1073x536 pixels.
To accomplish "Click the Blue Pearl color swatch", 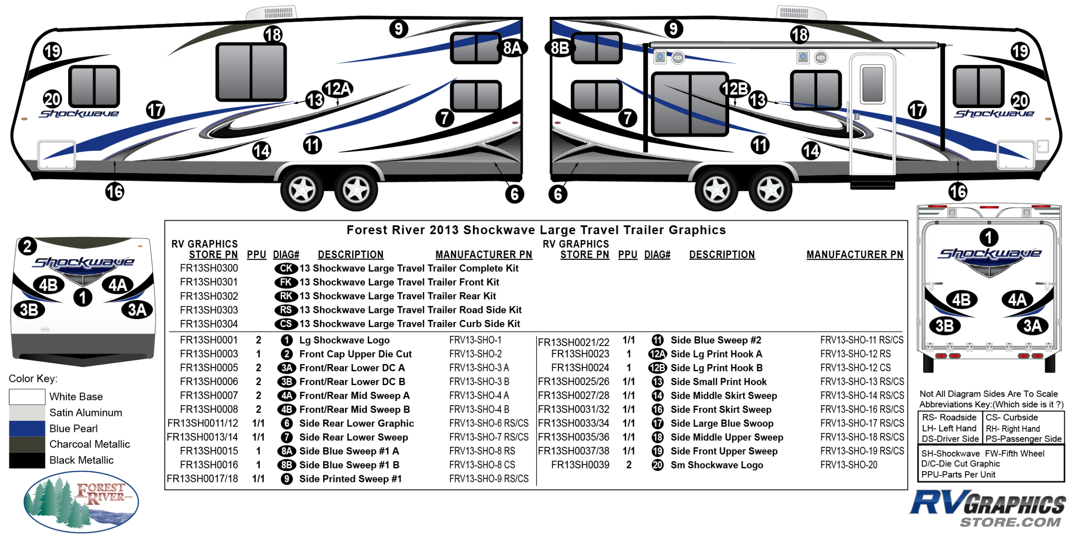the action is point(27,428).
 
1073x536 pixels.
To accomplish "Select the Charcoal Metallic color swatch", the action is point(27,444).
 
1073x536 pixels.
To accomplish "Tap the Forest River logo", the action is point(81,501).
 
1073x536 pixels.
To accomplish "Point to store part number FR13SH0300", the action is point(209,268).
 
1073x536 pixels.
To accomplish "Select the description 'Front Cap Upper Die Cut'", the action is point(355,354).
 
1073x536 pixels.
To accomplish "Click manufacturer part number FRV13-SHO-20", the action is point(849,465).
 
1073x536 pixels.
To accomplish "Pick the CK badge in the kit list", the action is point(286,268).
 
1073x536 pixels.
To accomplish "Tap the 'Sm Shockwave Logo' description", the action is point(717,465).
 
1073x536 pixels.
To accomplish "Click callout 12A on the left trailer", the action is point(338,89).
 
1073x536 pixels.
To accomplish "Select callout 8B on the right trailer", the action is point(560,48).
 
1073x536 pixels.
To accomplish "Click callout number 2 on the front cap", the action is point(27,247).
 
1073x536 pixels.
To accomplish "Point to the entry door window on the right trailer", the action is point(872,84).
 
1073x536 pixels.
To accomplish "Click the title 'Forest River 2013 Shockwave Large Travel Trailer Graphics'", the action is point(536,230).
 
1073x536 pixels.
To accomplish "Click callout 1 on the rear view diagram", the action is point(988,237).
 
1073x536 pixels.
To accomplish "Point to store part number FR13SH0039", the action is point(580,465).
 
